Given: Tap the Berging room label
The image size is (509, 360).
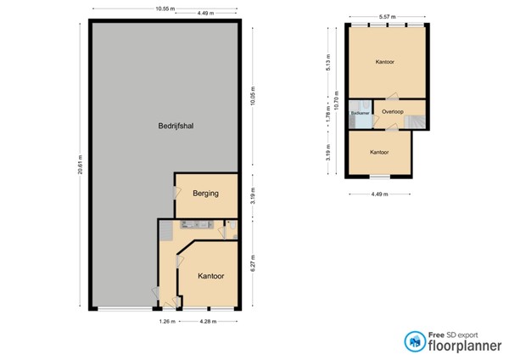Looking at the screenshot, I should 205,194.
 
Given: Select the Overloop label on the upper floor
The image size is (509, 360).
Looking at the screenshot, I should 393,112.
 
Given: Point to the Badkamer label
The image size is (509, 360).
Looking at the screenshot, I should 359,112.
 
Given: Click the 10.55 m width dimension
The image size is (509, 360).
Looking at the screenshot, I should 165,8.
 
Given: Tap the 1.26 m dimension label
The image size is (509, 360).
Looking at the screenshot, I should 167,322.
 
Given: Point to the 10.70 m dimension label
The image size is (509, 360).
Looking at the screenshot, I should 337,100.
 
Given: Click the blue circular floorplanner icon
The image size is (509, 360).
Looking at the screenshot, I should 415,340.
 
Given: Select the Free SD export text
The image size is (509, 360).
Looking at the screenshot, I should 453,333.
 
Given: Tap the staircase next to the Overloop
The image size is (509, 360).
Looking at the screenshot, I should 415,121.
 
